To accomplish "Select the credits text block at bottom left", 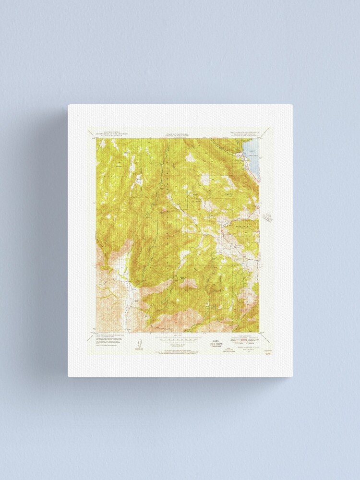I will pyautogui.click(x=109, y=341).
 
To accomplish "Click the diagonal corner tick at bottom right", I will pyautogui.click(x=262, y=330).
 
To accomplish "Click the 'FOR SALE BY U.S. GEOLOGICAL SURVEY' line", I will pyautogui.click(x=177, y=351).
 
